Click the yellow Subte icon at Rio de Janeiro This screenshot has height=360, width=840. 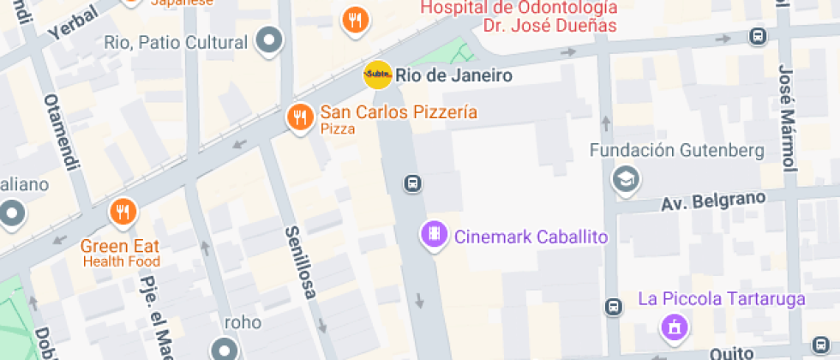click(x=378, y=75)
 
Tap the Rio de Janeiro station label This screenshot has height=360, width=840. click(x=453, y=75)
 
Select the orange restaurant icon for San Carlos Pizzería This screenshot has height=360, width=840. click(x=299, y=116)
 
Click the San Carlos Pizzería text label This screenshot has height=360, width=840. click(x=399, y=112)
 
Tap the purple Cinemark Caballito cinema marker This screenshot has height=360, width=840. click(x=434, y=234)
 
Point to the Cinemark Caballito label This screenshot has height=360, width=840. click(x=531, y=237)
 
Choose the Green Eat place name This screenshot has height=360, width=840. click(x=120, y=245)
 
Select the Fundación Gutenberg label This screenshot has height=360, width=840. click(x=676, y=151)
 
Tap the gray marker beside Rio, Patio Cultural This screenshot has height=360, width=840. click(x=271, y=40)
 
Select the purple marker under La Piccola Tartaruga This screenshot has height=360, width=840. click(x=674, y=327)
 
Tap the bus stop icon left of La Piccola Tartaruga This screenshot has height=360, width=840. click(x=613, y=307)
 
